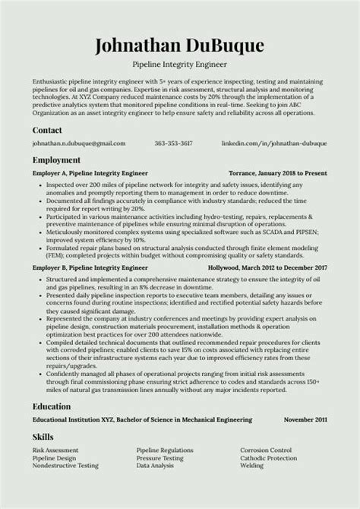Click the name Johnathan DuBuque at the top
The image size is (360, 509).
click(180, 46)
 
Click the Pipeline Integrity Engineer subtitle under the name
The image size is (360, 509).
click(180, 65)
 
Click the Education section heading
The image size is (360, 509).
click(54, 406)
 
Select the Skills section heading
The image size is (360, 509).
click(43, 437)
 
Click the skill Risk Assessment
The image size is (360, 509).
click(55, 451)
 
